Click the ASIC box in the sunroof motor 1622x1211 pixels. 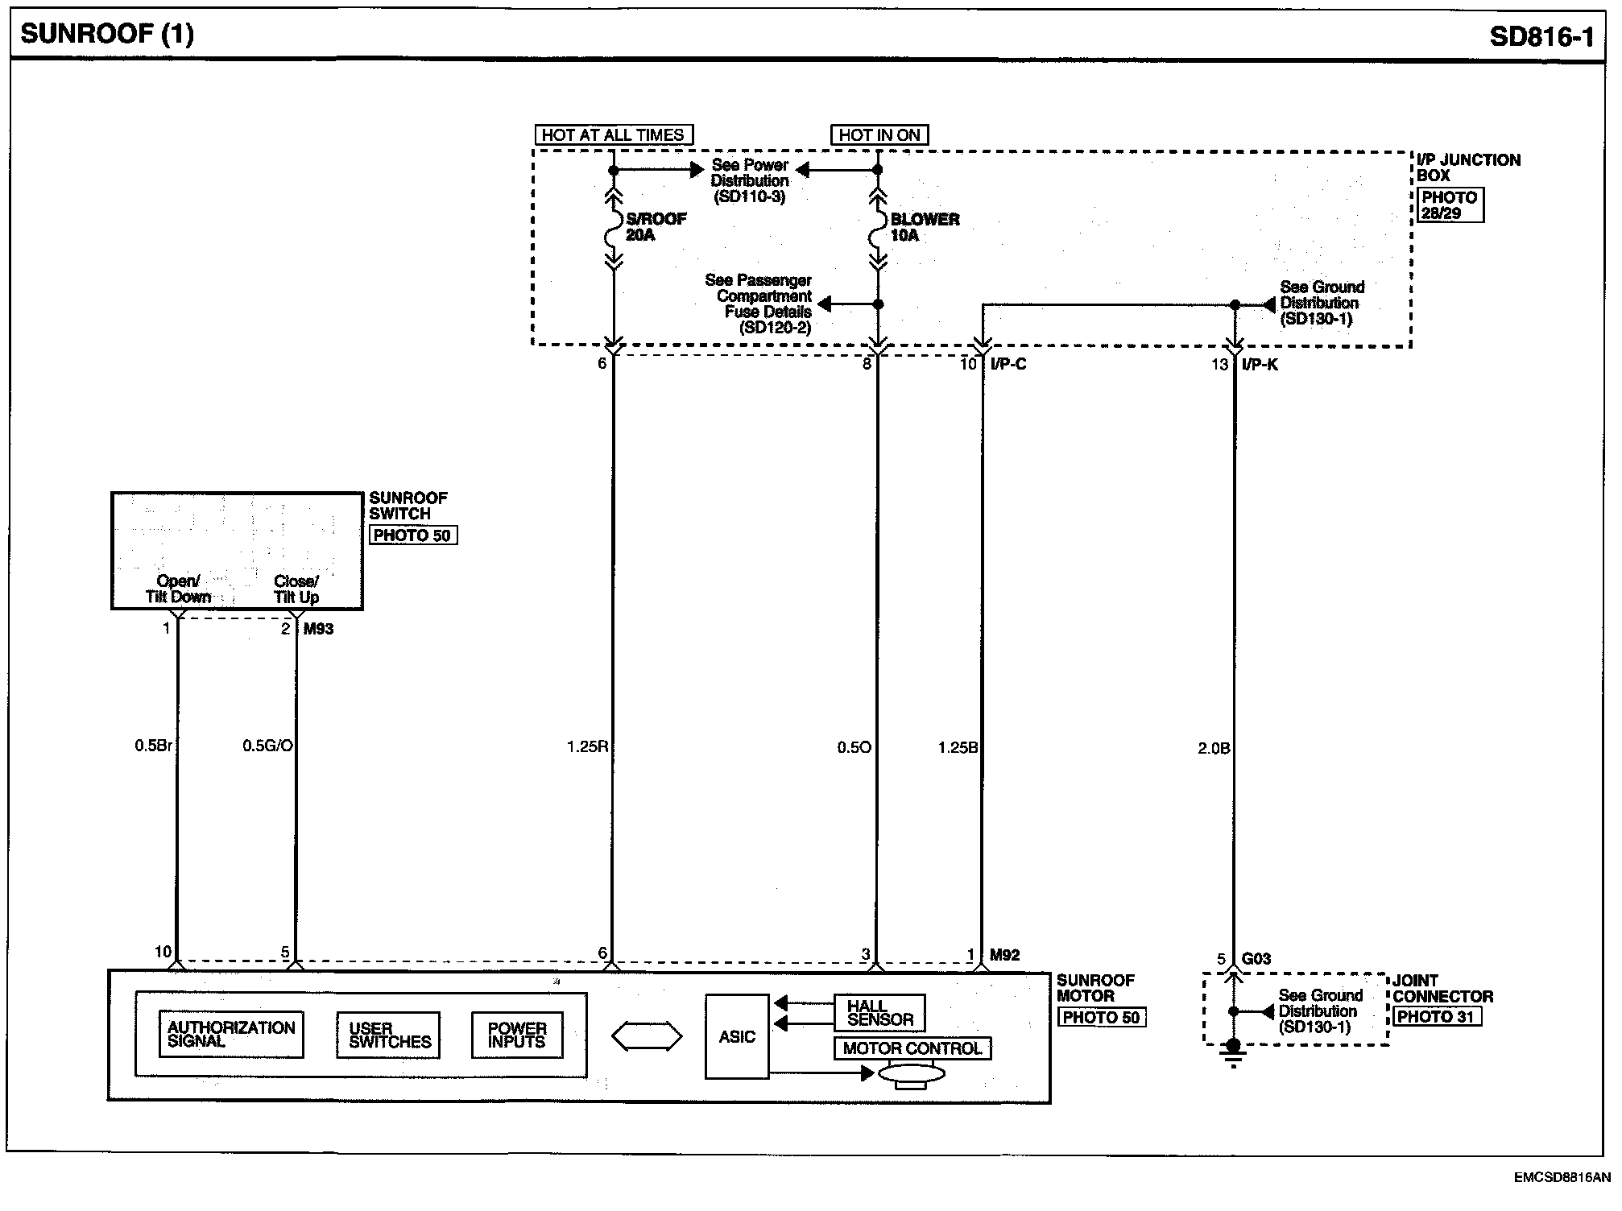tap(736, 1036)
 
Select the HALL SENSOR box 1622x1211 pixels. tap(879, 1012)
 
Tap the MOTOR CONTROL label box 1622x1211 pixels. tap(912, 1048)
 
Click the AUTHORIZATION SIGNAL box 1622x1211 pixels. tap(231, 1034)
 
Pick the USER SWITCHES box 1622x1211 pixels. tap(389, 1035)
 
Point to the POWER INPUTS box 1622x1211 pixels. tap(517, 1035)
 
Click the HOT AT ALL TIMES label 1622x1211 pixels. tap(613, 135)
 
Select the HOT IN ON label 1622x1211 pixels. tap(879, 135)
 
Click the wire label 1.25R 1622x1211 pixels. tap(587, 746)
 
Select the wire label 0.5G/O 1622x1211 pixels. tap(267, 746)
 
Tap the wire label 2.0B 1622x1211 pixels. tap(1214, 748)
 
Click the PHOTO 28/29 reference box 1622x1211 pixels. tap(1449, 205)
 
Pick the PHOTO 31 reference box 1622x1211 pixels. tap(1437, 1017)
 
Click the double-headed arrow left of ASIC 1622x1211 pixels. tap(648, 1036)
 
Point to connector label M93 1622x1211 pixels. tap(318, 629)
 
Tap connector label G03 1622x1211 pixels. tap(1256, 958)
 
